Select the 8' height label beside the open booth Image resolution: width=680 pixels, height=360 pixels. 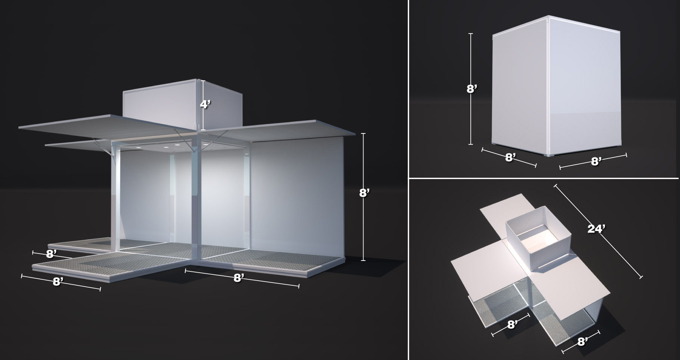click(x=364, y=193)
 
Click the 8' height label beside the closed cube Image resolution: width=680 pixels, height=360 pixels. click(x=472, y=89)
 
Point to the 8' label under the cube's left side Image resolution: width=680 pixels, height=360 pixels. click(x=511, y=157)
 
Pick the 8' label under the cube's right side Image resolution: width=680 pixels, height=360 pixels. click(x=596, y=161)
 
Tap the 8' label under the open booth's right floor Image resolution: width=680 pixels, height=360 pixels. click(x=239, y=278)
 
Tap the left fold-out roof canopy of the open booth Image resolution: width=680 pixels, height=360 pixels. click(x=108, y=129)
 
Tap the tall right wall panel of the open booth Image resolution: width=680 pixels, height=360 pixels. click(x=297, y=194)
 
